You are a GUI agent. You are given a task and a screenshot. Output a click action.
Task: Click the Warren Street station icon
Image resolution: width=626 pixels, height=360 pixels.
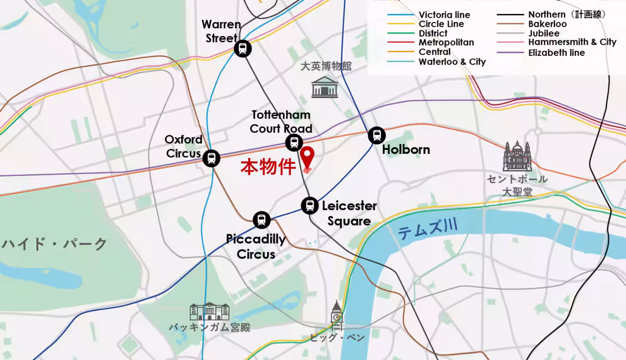coord(243,49)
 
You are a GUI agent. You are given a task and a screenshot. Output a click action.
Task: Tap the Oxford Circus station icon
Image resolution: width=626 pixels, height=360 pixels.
coord(211,158)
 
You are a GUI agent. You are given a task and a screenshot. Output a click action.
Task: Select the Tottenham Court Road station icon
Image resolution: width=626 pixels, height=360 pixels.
coord(294,142)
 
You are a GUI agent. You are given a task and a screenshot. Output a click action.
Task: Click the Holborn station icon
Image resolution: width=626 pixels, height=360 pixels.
coord(376,135)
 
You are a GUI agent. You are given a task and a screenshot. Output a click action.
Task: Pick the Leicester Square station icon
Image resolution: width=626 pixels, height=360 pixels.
coord(310,205)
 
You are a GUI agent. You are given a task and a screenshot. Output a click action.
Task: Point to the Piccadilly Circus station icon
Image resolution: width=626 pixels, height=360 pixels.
coord(261,220)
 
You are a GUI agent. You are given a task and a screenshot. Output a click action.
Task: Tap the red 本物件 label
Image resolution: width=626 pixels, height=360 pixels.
coord(268,167)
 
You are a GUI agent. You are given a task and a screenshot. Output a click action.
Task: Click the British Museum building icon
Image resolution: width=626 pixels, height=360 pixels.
coord(324,87)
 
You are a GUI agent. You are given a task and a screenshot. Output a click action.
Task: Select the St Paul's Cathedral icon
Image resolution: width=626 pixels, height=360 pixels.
coord(517,157)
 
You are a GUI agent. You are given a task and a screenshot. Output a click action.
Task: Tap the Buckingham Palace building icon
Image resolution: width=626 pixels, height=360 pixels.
coord(209,311)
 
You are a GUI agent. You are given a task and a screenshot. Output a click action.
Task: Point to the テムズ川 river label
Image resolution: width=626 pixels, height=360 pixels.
coord(428,230)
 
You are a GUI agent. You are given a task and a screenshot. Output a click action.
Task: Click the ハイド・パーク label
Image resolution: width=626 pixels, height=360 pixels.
coord(55,244)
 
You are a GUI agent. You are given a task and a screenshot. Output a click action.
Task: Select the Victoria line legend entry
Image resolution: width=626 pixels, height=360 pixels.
coord(444,15)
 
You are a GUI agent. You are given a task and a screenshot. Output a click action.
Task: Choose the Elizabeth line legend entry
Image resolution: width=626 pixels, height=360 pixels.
coord(556,52)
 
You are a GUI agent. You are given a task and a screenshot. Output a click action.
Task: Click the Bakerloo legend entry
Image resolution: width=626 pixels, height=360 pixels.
coord(547,24)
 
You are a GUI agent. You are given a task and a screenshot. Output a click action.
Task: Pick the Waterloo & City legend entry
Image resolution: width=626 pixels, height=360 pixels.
coord(452,62)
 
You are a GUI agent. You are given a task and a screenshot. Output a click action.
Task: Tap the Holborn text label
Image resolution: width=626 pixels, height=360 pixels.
coord(406,150)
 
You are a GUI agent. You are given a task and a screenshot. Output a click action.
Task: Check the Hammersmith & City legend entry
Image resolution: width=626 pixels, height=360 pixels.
coord(572,43)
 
